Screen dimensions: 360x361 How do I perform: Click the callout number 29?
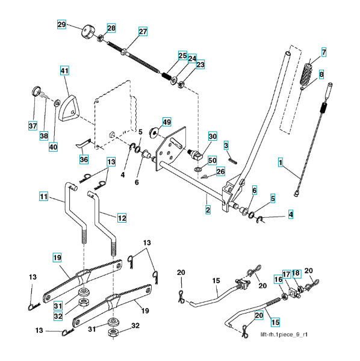point(61,25)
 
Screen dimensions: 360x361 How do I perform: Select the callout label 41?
point(64,70)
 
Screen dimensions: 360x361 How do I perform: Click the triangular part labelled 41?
point(69,109)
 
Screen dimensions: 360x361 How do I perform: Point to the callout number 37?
point(33,126)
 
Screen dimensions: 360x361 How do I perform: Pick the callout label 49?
point(167,122)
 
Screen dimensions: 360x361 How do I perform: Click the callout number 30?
point(213,137)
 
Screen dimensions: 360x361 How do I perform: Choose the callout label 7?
point(324,52)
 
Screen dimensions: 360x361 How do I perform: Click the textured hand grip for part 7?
point(306,73)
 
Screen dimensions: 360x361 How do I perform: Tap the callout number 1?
point(281,162)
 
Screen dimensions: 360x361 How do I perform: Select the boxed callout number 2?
point(208,210)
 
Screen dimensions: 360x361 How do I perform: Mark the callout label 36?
point(84,159)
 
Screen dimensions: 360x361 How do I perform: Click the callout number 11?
point(44,196)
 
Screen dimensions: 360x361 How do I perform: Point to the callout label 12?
point(122,218)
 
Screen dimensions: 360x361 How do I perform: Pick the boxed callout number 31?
point(58,306)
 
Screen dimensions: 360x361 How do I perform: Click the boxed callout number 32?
point(58,316)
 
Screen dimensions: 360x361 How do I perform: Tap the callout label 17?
point(287,274)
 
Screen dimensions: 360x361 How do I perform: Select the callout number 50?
point(212,160)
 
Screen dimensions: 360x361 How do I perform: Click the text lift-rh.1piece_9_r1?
point(284,335)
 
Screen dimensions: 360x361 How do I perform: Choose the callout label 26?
point(220,171)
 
